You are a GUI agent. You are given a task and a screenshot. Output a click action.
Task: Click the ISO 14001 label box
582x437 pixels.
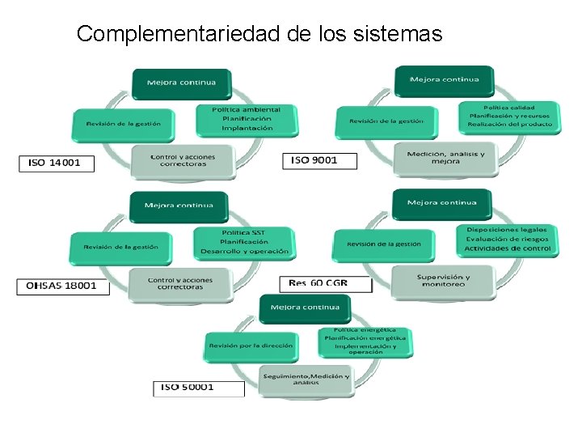coord(56,163)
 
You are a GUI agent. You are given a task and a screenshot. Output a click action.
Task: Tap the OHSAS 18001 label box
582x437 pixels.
coord(62,286)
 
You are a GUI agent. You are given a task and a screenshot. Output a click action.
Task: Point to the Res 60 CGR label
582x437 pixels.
coord(325,283)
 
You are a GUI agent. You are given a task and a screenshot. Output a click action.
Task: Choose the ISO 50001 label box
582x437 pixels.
coord(198,388)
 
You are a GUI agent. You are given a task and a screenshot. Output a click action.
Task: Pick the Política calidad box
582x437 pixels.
coord(508,117)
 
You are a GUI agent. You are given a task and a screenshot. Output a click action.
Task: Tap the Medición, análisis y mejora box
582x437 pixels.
coord(445,157)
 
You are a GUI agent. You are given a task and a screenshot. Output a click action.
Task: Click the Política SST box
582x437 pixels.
coord(243,241)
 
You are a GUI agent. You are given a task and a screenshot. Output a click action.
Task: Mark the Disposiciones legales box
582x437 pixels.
coord(508,239)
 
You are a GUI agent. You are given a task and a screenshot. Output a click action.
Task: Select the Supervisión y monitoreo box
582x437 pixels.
coord(443,280)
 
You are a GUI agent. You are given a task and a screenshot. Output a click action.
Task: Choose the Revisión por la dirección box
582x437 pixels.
coord(251,346)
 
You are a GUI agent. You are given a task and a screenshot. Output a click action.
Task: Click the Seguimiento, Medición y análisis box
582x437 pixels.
coord(306,379)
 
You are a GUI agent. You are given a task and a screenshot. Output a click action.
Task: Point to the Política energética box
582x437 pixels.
coord(365,341)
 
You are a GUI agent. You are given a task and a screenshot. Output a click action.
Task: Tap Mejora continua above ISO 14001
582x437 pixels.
coord(181,83)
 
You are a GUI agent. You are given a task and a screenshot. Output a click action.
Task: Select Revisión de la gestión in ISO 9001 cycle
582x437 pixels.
coord(386,121)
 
